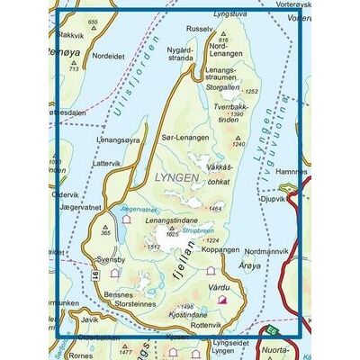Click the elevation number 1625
[173, 234]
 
